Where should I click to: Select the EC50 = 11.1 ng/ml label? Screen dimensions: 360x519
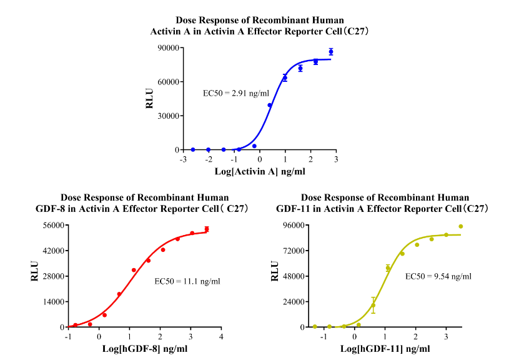pos(187,281)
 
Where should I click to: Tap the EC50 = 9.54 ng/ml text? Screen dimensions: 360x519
pos(438,276)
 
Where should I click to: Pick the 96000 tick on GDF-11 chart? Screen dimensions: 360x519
pos(293,225)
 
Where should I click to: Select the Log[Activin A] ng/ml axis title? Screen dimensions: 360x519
pos(260,171)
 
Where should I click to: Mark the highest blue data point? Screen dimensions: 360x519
pos(331,51)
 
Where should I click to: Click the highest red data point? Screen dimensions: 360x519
pos(207,229)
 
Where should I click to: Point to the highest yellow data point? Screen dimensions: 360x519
pos(461,226)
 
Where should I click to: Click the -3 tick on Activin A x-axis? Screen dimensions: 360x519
pos(183,159)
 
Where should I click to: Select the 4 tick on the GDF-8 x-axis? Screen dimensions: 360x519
pos(222,337)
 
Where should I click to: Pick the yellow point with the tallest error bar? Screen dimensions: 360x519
pos(373,305)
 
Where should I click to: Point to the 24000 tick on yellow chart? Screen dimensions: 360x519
pos(293,302)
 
